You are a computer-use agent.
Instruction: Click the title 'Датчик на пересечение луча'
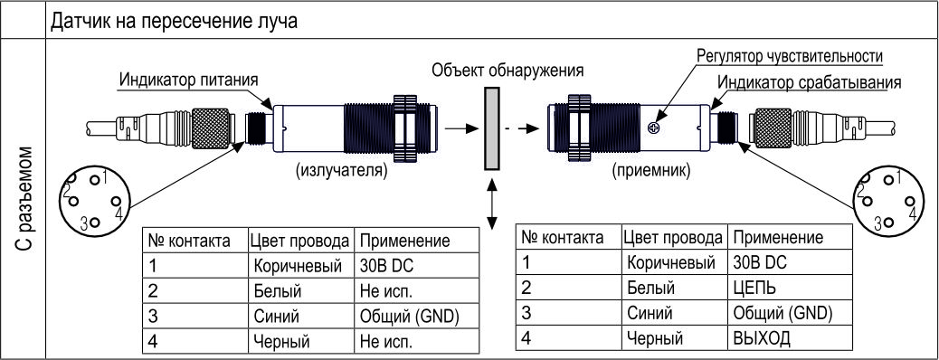click(175, 23)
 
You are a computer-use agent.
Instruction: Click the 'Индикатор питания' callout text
click(189, 79)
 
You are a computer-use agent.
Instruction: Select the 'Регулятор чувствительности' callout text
click(790, 56)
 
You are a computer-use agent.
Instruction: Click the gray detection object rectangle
click(492, 128)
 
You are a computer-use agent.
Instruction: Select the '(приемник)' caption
click(651, 171)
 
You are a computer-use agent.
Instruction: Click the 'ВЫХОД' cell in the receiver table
click(761, 337)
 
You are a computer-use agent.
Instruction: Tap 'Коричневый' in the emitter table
click(298, 265)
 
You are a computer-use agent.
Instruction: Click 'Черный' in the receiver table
click(655, 337)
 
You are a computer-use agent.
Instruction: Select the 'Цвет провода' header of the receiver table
click(672, 238)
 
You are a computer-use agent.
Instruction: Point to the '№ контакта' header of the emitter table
click(189, 242)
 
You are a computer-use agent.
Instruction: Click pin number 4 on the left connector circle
click(119, 213)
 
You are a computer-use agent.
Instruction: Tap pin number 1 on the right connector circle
click(897, 177)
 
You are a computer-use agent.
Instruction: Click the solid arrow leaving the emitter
click(462, 128)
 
